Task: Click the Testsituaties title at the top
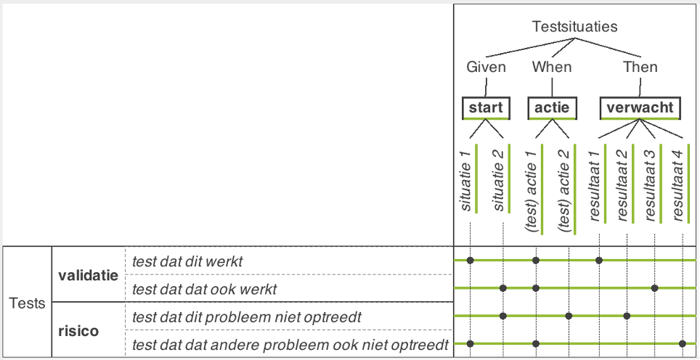pyautogui.click(x=574, y=27)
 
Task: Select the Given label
pyautogui.click(x=487, y=67)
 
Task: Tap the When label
pyautogui.click(x=552, y=67)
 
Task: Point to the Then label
pyautogui.click(x=640, y=67)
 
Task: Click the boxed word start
pyautogui.click(x=486, y=107)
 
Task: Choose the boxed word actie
pyautogui.click(x=552, y=107)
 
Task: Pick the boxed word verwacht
pyautogui.click(x=640, y=107)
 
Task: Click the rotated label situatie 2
pyautogui.click(x=499, y=181)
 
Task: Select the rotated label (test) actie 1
pyautogui.click(x=532, y=189)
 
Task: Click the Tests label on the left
pyautogui.click(x=28, y=303)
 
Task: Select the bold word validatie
pyautogui.click(x=89, y=275)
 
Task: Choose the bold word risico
pyautogui.click(x=78, y=332)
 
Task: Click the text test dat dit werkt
pyautogui.click(x=187, y=261)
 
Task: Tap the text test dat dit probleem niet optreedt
pyautogui.click(x=246, y=317)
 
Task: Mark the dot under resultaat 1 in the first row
pyautogui.click(x=599, y=260)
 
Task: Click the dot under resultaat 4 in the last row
pyautogui.click(x=682, y=343)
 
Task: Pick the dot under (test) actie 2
pyautogui.click(x=569, y=316)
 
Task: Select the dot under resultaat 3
pyautogui.click(x=654, y=288)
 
